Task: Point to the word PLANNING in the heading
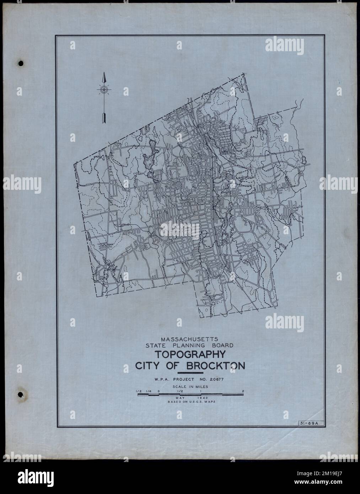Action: tap(197, 345)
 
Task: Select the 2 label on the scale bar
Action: tap(243, 391)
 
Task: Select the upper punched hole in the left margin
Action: tap(21, 64)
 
